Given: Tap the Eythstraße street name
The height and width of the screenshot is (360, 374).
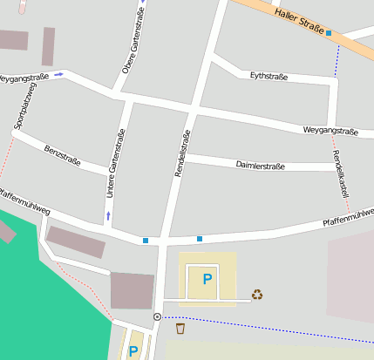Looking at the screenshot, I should [x=269, y=77].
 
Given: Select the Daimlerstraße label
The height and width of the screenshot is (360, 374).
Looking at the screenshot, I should [x=260, y=165].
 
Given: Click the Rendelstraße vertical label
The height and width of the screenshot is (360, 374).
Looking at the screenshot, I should [x=183, y=154].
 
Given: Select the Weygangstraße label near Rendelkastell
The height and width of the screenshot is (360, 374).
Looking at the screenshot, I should [x=330, y=131].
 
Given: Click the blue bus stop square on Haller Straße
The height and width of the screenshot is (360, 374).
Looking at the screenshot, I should [x=329, y=33].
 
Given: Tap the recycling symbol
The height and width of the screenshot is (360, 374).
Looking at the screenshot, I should [x=257, y=295].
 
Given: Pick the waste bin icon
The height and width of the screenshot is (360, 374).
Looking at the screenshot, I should [x=180, y=329].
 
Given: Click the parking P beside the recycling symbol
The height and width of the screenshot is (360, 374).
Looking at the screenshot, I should [x=207, y=279].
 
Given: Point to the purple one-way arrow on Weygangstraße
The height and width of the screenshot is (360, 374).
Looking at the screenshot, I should [x=58, y=75].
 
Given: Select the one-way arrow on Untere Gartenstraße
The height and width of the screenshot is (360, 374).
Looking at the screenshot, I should [x=108, y=214].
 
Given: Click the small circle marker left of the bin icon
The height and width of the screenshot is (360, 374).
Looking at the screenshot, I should [x=157, y=316].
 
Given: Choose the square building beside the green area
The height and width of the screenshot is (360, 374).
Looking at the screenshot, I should [x=132, y=290].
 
